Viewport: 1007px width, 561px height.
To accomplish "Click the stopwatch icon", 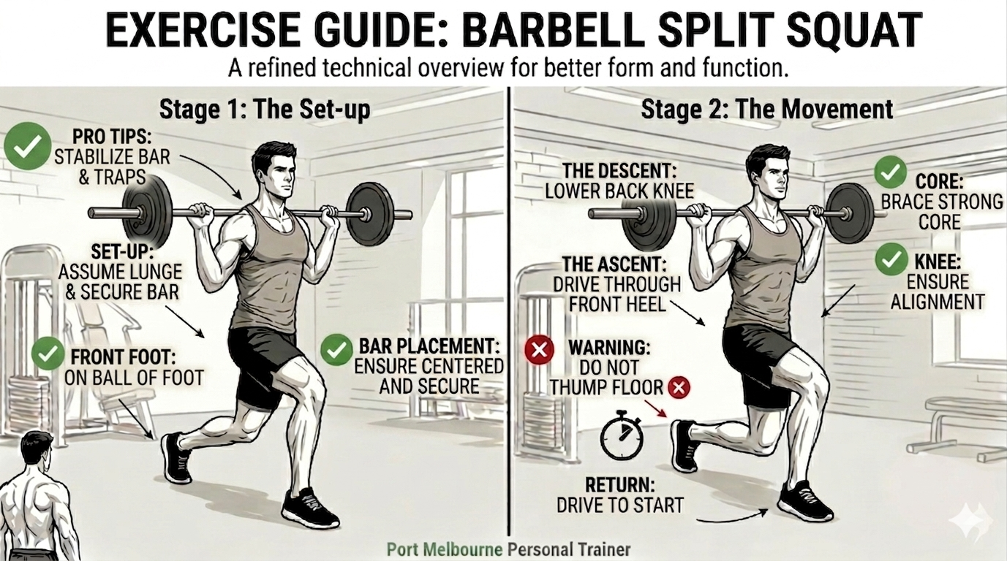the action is (622, 435).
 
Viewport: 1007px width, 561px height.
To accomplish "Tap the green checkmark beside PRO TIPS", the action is (27, 146).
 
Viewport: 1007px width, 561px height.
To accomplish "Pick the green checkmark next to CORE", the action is (890, 172).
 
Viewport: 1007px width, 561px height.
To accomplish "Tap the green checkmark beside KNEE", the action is (891, 259).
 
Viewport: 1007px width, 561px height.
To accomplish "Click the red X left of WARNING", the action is (539, 349).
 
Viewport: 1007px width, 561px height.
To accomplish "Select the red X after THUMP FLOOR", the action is (679, 386).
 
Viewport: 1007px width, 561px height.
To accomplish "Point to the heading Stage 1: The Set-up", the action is (265, 109).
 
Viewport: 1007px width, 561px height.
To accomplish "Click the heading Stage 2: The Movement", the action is (766, 109).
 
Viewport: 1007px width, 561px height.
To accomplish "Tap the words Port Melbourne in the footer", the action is (444, 549).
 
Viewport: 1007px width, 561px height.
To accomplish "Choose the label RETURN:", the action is (620, 485).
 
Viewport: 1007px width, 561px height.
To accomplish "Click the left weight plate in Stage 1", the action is (148, 213).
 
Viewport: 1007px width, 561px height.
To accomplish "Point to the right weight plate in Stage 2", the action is (850, 213).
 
